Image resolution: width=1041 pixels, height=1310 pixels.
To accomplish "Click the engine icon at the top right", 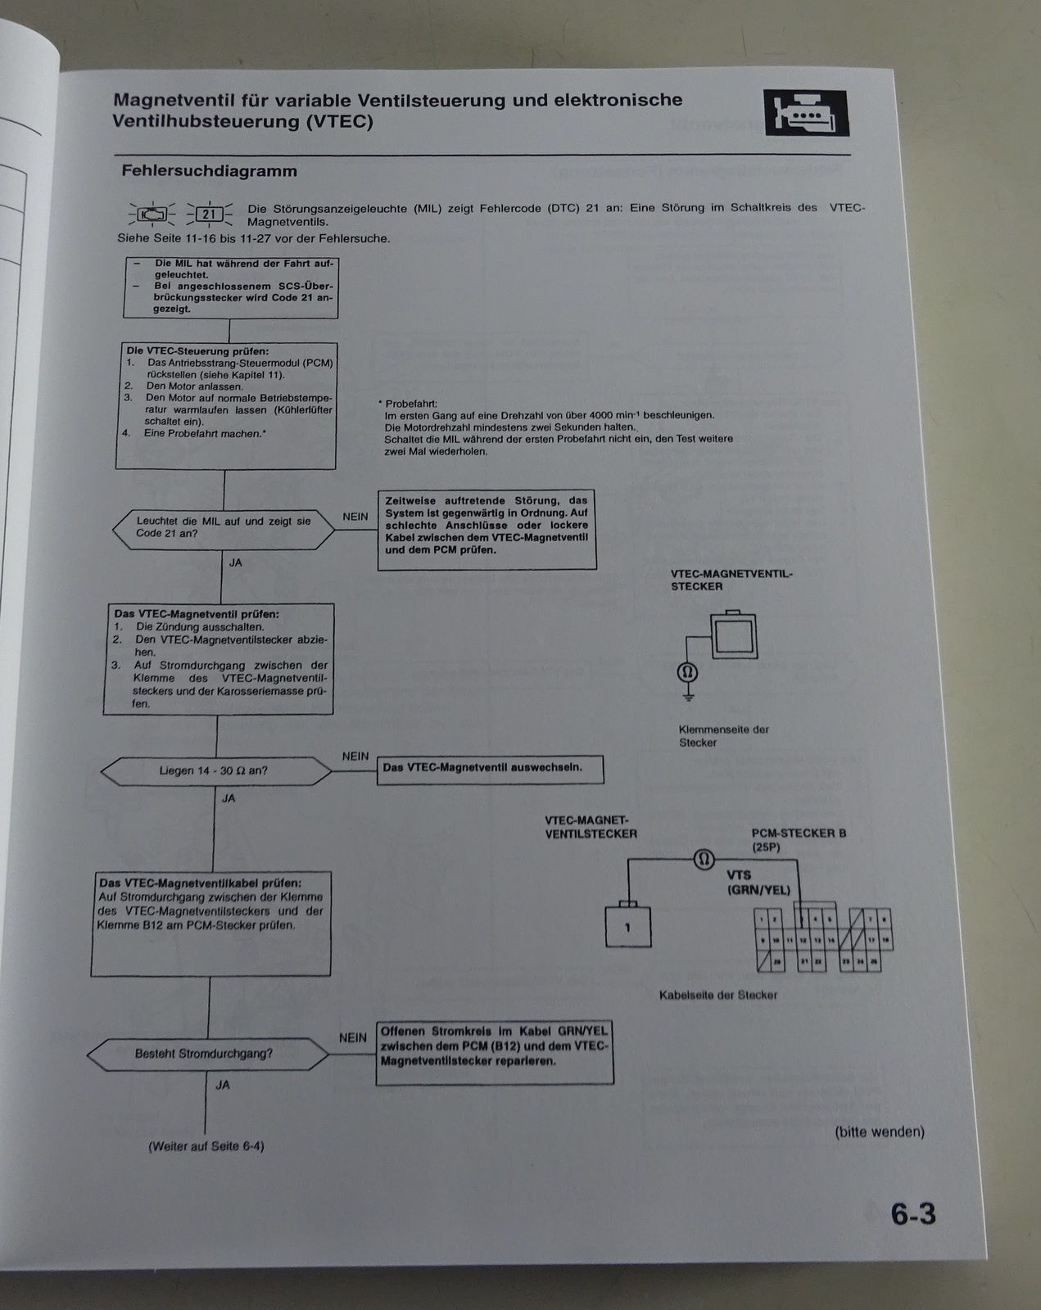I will click(806, 113).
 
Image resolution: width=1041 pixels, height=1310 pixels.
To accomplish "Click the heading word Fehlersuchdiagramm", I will click(209, 171).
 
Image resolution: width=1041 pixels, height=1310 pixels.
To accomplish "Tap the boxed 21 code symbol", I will click(210, 215).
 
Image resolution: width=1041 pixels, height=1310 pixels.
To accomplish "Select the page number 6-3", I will click(913, 1213).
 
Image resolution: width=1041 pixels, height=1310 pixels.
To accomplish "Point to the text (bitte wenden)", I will click(880, 1132).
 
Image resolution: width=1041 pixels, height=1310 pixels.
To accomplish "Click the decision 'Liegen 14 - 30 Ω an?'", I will click(215, 770).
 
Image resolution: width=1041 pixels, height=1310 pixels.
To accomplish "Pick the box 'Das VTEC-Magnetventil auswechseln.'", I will click(490, 769).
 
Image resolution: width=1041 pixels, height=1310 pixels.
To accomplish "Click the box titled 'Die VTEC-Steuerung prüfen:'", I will click(227, 405).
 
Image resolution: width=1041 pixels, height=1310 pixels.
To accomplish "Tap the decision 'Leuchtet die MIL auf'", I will click(223, 527).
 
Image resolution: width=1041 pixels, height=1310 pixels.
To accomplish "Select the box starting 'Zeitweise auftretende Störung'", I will click(487, 530).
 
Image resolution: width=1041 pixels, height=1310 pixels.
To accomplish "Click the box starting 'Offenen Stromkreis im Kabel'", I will click(495, 1053).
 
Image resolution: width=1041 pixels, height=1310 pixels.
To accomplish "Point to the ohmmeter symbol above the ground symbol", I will click(687, 672).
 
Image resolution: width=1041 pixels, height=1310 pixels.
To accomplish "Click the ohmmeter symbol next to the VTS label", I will click(704, 859).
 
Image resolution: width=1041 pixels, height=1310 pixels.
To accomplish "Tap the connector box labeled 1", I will click(628, 927).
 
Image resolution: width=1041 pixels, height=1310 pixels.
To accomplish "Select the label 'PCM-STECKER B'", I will click(799, 833).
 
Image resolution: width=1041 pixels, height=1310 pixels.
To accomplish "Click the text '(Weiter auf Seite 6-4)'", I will click(206, 1146).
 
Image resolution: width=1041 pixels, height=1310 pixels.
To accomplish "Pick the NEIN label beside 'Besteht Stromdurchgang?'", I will click(353, 1037).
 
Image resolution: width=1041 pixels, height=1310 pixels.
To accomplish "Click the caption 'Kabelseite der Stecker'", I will click(717, 995).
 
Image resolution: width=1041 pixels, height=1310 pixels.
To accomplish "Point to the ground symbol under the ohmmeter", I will click(688, 698).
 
